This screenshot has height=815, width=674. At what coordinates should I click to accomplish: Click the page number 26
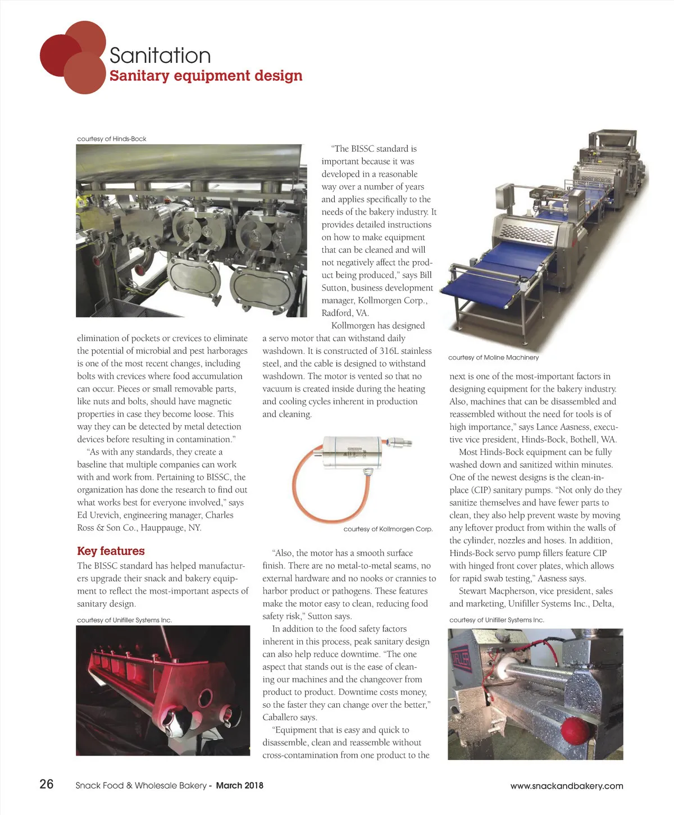(46, 784)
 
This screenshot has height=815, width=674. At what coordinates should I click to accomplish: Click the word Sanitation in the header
(160, 56)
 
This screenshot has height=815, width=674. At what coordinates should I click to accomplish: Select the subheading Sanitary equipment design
(206, 76)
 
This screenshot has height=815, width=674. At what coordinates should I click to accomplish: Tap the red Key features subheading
(111, 551)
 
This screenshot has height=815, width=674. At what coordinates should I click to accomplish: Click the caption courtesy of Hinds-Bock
(112, 139)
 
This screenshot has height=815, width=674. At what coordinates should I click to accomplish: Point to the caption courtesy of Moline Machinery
(493, 357)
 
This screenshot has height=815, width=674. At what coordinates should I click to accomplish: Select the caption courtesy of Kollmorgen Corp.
(388, 529)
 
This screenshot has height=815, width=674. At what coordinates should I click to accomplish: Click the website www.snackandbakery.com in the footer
(566, 786)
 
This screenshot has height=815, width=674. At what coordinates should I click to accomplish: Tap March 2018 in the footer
(239, 785)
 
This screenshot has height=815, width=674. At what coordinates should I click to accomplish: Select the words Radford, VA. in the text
(345, 313)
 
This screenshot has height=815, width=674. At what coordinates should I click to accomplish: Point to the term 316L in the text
(389, 351)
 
